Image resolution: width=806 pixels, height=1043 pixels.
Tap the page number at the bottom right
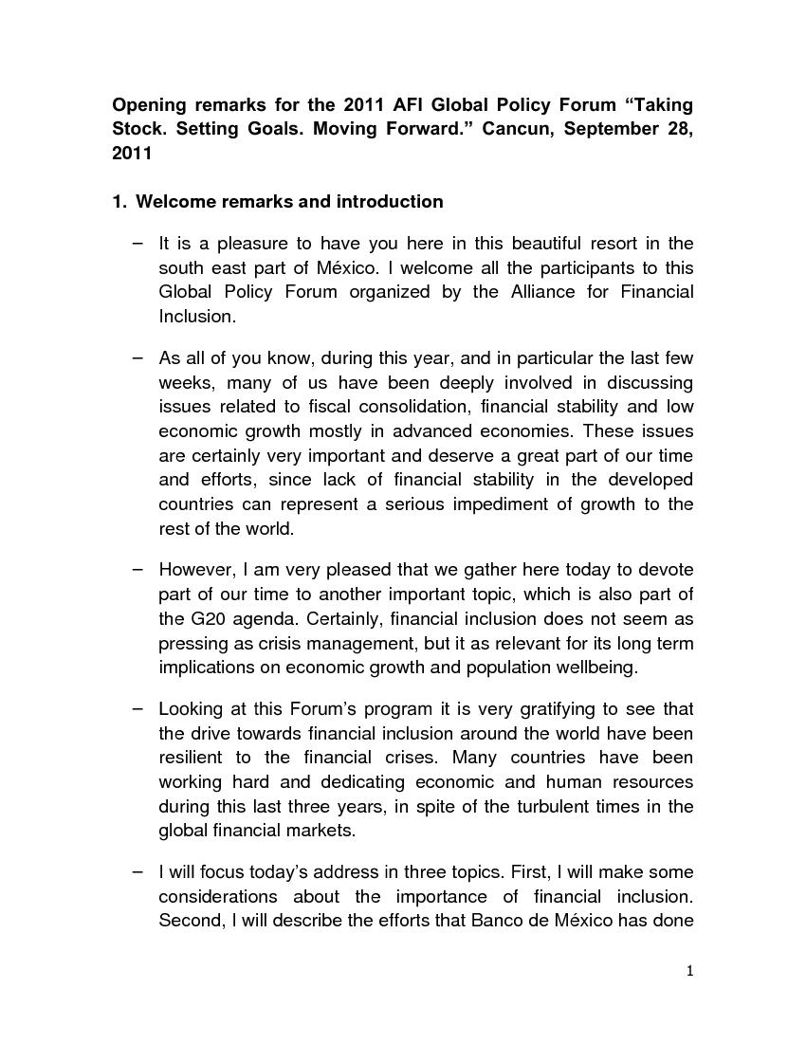click(x=690, y=970)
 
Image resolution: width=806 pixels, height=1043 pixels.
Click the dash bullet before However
click(x=138, y=570)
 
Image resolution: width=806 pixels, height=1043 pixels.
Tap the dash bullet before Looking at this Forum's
click(x=138, y=709)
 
